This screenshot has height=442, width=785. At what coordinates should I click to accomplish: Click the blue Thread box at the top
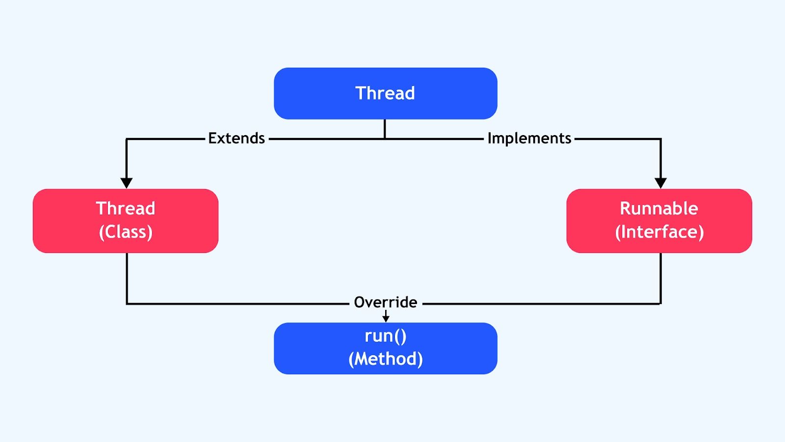pyautogui.click(x=386, y=93)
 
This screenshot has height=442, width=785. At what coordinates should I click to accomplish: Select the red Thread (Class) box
pyautogui.click(x=126, y=221)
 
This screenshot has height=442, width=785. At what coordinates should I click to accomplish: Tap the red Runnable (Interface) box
pyautogui.click(x=659, y=221)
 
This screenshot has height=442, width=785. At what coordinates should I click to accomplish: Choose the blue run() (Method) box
pyautogui.click(x=386, y=348)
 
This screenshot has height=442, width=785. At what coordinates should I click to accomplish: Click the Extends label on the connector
pyautogui.click(x=236, y=138)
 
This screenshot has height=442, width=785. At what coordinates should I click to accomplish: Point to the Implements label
pyautogui.click(x=529, y=138)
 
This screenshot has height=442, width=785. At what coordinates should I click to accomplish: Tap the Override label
pyautogui.click(x=386, y=303)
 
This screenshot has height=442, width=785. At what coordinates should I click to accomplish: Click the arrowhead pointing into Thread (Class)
pyautogui.click(x=127, y=183)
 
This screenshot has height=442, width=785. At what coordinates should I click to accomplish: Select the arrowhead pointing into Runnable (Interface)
pyautogui.click(x=660, y=183)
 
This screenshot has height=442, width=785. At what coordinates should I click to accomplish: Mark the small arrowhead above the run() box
pyautogui.click(x=386, y=319)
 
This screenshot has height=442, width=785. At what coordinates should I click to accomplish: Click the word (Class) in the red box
pyautogui.click(x=126, y=232)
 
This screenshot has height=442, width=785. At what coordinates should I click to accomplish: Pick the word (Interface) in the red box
pyautogui.click(x=659, y=232)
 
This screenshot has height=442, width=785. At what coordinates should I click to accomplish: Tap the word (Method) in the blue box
pyautogui.click(x=386, y=359)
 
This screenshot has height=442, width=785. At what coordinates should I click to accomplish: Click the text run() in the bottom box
pyautogui.click(x=386, y=336)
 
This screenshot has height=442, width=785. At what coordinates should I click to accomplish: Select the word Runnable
pyautogui.click(x=659, y=208)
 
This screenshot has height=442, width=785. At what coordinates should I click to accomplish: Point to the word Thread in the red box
pyautogui.click(x=126, y=208)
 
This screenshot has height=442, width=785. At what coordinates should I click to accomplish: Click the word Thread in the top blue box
pyautogui.click(x=385, y=93)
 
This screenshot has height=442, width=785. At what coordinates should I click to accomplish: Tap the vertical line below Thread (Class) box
pyautogui.click(x=127, y=278)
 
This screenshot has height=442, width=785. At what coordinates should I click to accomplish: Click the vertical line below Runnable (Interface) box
pyautogui.click(x=660, y=278)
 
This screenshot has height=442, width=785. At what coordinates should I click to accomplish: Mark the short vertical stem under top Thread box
pyautogui.click(x=385, y=129)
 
